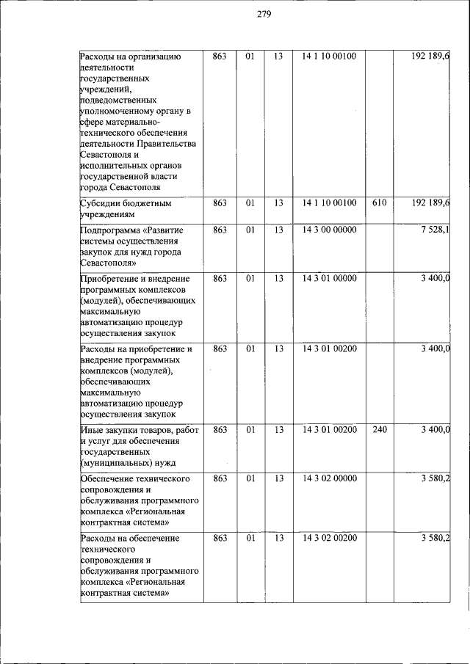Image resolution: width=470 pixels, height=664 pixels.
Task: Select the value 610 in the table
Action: (380, 202)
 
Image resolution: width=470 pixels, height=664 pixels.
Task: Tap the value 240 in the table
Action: (380, 428)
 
